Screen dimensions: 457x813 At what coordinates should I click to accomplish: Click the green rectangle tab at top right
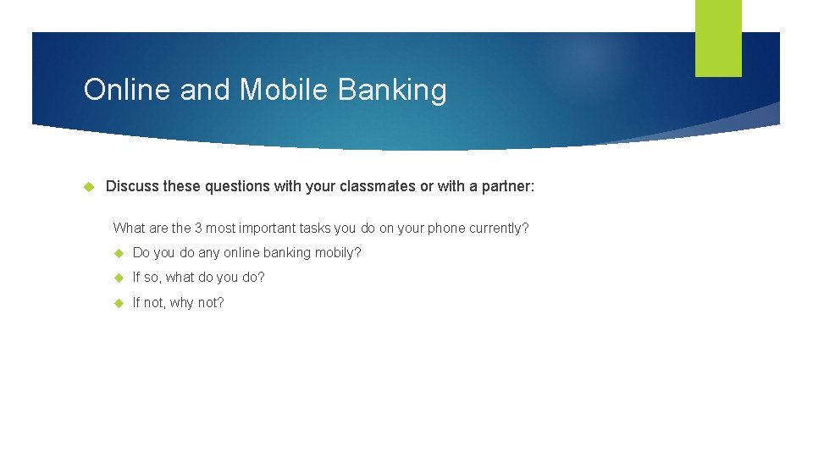pyautogui.click(x=718, y=37)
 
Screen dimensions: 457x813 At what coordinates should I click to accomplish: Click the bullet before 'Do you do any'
pyautogui.click(x=119, y=253)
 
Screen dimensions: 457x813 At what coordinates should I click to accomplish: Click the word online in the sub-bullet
pyautogui.click(x=241, y=253)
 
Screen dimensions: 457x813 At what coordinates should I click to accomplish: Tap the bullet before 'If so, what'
pyautogui.click(x=119, y=278)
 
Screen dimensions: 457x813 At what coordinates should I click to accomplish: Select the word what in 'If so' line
pyautogui.click(x=180, y=278)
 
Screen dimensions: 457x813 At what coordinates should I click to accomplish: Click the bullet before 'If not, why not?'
pyautogui.click(x=119, y=303)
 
